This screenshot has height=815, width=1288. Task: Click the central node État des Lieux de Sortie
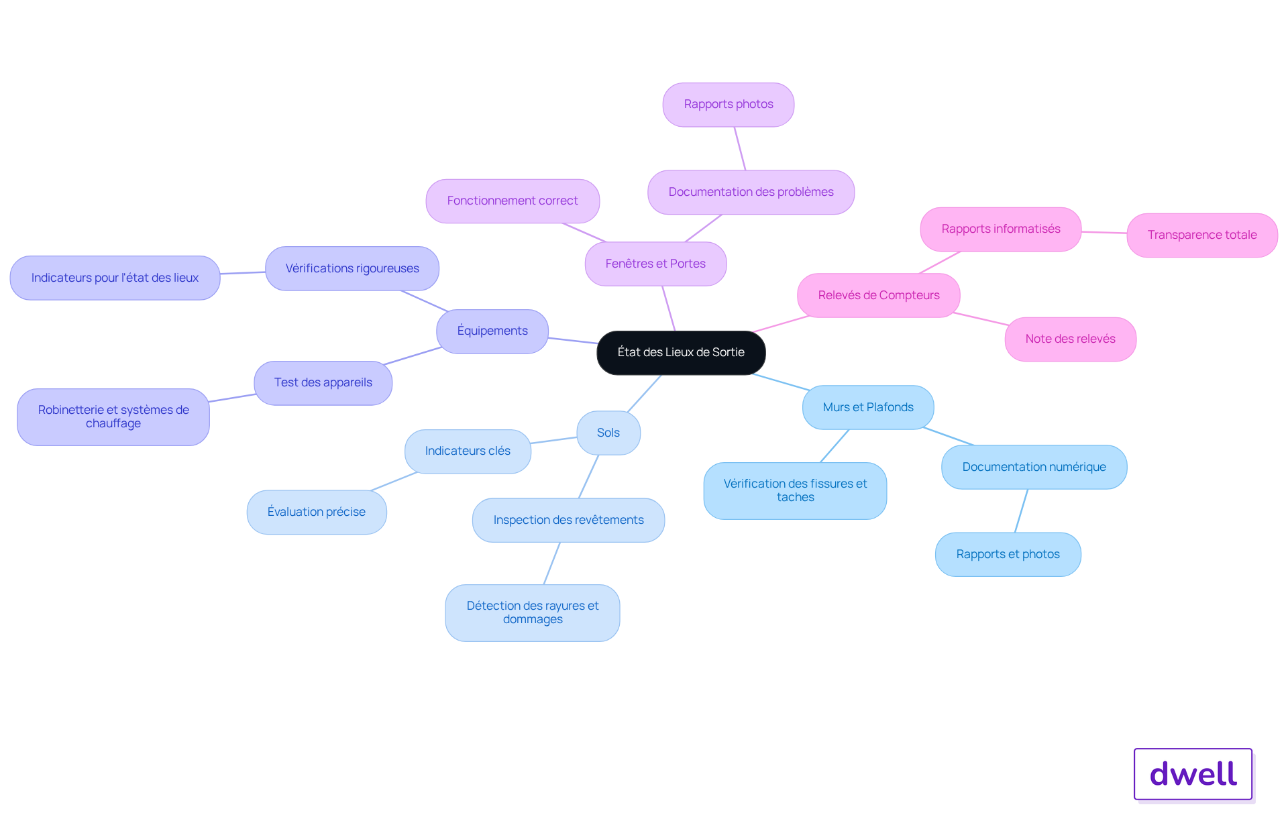681,352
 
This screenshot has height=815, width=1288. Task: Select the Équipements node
492,331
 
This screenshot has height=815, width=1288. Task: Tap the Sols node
608,433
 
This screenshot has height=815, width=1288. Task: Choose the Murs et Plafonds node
868,407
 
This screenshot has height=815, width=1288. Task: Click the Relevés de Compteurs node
879,295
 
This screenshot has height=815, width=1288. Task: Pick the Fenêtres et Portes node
655,264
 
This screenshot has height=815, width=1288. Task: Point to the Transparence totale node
1202,235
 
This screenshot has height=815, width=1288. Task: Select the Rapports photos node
729,104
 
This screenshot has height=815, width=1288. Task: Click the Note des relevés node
1070,339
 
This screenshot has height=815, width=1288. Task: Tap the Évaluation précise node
317,512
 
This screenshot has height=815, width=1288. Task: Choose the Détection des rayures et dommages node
533,612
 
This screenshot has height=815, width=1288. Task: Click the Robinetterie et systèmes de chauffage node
113,417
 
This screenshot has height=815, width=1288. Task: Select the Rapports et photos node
1008,554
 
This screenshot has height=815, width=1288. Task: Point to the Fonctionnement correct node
513,201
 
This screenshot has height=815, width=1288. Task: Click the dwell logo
1193,774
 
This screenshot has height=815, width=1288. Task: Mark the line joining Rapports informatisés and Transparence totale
1104,232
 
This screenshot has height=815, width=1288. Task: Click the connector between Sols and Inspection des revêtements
588,476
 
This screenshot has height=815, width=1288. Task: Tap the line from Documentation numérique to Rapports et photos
1022,510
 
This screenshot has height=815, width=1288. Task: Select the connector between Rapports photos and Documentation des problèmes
740,148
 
